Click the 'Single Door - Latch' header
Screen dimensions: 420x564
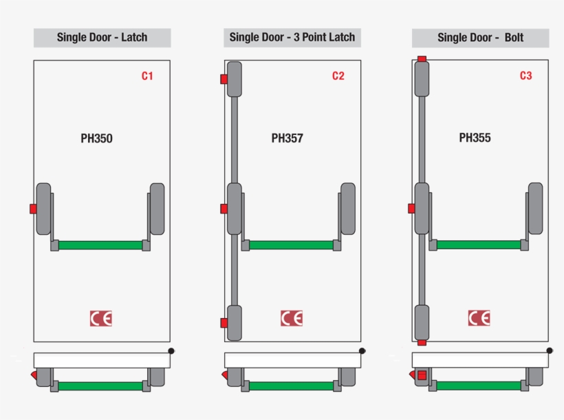[102, 37]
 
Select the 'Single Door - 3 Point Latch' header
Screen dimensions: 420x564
[292, 37]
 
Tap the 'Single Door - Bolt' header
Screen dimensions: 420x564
[480, 37]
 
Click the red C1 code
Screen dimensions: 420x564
[147, 76]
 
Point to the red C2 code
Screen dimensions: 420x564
[338, 76]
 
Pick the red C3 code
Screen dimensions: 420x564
[525, 76]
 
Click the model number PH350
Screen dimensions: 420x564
[96, 138]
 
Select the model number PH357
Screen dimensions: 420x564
[287, 138]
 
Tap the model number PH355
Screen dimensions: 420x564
[475, 138]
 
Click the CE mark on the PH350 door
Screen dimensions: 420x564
[100, 318]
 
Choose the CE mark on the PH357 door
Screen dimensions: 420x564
[292, 318]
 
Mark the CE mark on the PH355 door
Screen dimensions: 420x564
[479, 318]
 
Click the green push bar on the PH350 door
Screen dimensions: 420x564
[100, 245]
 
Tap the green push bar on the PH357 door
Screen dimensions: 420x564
[291, 245]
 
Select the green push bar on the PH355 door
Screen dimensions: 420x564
[479, 244]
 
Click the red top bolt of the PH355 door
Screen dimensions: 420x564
[422, 59]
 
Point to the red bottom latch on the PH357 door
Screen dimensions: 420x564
[224, 323]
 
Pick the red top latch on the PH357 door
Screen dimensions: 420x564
[224, 79]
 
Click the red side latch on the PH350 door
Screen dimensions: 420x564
[33, 209]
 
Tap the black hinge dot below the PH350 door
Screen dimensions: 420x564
[171, 350]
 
